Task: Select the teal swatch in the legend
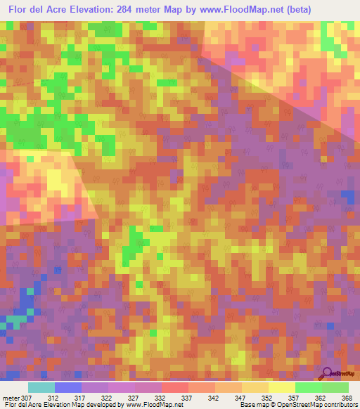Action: coord(41,387)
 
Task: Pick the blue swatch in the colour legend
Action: coord(68,387)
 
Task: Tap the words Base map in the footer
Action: coord(250,405)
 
